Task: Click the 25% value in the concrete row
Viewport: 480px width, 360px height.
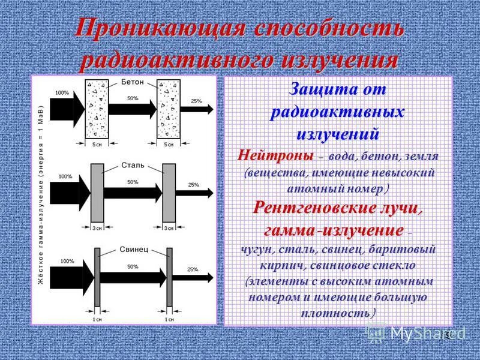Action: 196,101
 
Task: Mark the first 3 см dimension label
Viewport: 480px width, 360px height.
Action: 97,227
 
